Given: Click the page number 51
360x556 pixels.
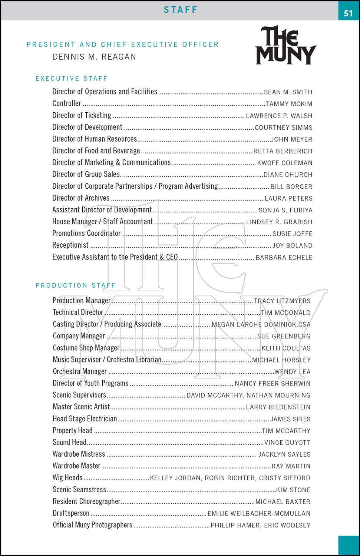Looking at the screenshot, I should (x=348, y=13).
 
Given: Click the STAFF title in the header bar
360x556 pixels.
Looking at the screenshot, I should (x=181, y=10).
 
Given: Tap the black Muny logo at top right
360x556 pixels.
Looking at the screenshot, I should (x=285, y=45).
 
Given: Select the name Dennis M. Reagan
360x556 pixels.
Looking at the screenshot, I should (x=94, y=57).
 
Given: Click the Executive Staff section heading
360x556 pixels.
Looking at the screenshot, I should (x=71, y=79).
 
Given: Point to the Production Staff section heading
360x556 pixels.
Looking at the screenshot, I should (x=75, y=285).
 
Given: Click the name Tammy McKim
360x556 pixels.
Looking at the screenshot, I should (x=289, y=104).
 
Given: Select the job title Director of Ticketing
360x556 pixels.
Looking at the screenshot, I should (x=82, y=115).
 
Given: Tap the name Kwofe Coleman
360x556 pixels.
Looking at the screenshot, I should (x=284, y=163).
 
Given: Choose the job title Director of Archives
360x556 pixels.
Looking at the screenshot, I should (x=81, y=198).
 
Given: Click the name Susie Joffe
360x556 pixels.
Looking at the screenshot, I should (x=292, y=234).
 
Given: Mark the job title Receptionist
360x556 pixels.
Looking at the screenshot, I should (x=70, y=245).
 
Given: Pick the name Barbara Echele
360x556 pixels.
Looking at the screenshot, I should (x=284, y=258).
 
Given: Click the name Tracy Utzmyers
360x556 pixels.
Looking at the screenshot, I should (x=282, y=301).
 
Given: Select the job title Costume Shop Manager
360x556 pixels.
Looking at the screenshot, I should (x=86, y=348).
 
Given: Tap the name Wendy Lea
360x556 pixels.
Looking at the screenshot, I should (x=292, y=372).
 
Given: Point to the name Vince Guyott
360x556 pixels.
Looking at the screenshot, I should (x=287, y=443).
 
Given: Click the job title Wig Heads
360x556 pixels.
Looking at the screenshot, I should (x=67, y=477).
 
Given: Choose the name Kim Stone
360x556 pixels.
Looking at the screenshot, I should (x=293, y=490).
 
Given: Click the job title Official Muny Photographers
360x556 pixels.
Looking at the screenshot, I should (x=92, y=525).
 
